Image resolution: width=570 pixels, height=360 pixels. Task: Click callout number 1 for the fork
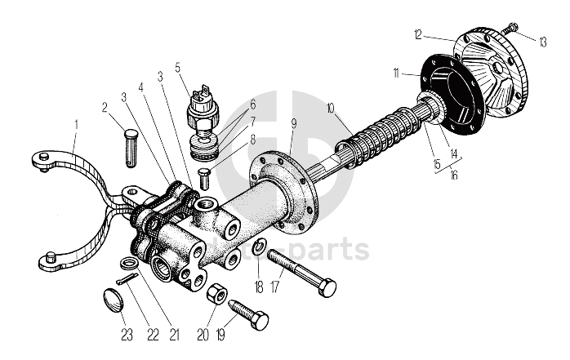75,126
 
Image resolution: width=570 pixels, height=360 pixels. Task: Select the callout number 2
105,107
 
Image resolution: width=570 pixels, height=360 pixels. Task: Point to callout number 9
294,123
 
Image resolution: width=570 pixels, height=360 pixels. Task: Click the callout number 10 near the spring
330,108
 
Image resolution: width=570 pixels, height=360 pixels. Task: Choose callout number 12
417,34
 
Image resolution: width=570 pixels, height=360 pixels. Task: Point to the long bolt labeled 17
301,273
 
